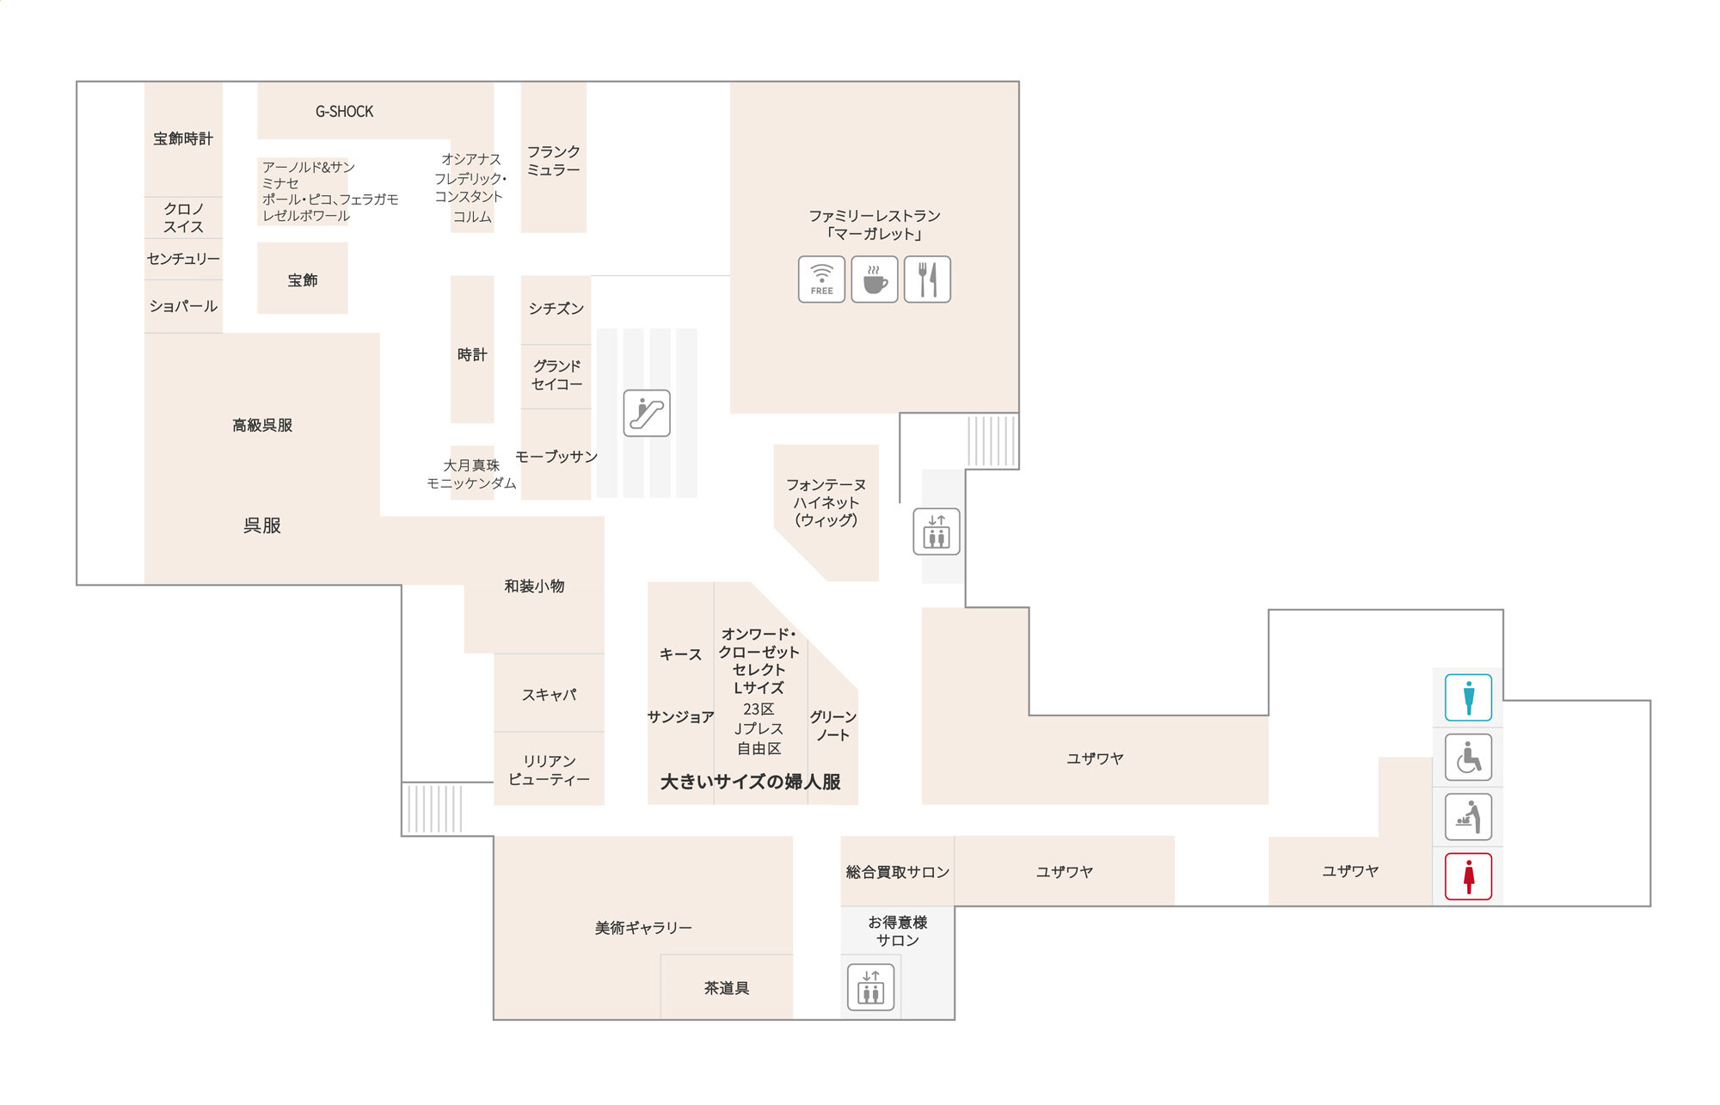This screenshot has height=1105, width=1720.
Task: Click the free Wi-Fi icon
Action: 821,279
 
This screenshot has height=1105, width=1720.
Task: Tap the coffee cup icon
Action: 875,279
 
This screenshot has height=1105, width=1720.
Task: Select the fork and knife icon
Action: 927,279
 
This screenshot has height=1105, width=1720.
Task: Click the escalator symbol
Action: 647,413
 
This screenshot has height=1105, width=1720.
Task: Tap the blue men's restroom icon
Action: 1468,697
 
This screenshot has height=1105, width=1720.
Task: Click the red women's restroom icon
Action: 1468,876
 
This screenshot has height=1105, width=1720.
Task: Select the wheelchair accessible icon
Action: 1468,758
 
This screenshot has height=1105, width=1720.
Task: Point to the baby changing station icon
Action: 1468,817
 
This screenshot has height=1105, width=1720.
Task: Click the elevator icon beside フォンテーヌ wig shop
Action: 937,531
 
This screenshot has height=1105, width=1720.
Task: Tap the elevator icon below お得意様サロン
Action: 871,987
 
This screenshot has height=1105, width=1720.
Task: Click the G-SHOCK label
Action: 344,112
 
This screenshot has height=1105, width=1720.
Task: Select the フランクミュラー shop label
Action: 554,161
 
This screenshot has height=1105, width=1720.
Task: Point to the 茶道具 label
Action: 727,988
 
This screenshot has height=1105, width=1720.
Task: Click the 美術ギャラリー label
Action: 643,928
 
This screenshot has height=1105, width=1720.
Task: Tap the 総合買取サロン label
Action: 898,872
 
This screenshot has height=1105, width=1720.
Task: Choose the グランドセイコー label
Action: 556,375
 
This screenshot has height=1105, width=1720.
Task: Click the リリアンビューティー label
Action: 549,770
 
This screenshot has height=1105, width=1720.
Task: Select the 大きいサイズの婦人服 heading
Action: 751,782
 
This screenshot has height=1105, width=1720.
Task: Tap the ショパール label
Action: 183,306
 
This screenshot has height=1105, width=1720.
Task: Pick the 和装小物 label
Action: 534,586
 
